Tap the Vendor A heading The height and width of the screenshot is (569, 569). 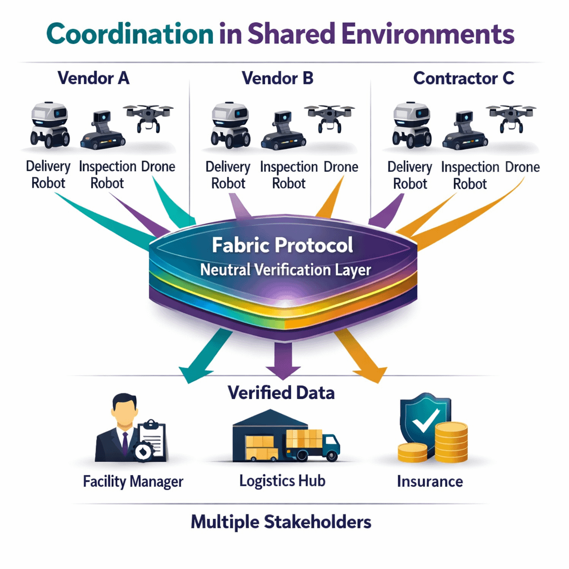pos(93,78)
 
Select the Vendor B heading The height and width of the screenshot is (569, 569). pos(278,78)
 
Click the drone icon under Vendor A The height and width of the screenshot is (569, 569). pos(148,117)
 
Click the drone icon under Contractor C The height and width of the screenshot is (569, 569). pos(512,117)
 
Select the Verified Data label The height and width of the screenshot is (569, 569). pos(281,393)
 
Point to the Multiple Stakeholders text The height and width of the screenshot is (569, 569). pos(281,522)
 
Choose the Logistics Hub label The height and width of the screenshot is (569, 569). pos(282,480)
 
